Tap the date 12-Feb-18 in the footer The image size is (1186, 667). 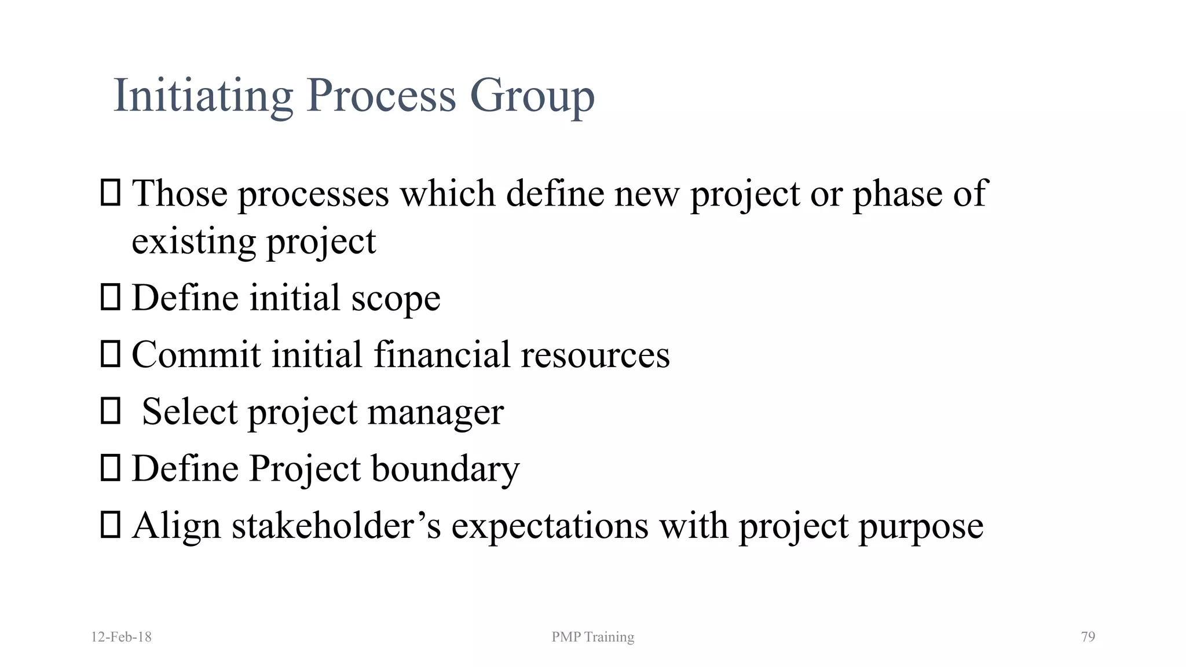122,637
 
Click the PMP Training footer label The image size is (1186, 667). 592,637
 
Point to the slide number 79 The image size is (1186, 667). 1088,637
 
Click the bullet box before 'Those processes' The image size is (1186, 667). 110,193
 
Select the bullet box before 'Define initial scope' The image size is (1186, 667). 110,298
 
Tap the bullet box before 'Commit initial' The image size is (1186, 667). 110,354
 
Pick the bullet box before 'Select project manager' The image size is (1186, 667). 110,411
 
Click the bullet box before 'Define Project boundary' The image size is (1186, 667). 110,468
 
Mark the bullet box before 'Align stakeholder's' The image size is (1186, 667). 110,525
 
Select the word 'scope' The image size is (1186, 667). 396,299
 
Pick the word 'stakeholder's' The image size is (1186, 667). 336,526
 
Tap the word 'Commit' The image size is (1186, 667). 196,354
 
